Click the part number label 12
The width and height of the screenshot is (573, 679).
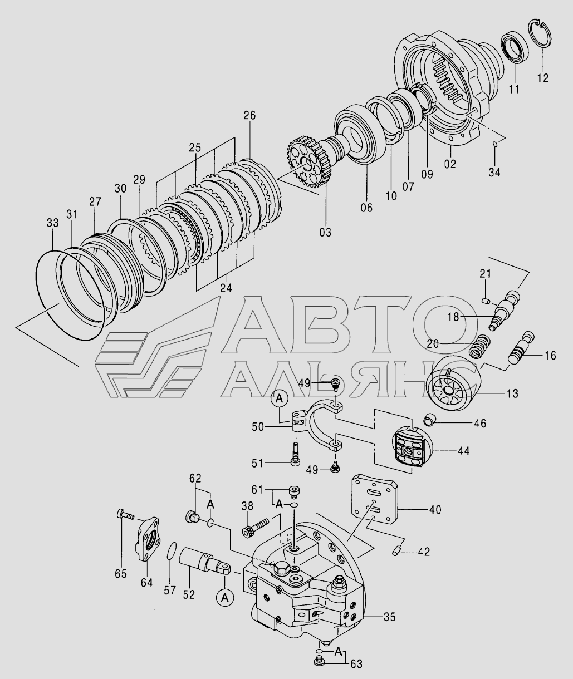(x=543, y=78)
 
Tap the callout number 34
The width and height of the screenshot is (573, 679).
(x=494, y=172)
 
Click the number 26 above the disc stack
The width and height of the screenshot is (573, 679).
(x=249, y=115)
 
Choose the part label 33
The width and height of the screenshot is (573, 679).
(x=53, y=223)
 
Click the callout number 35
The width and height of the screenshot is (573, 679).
(x=389, y=617)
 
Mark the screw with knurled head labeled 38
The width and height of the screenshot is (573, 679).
(x=256, y=529)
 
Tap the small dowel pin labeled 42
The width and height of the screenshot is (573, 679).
(x=396, y=552)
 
